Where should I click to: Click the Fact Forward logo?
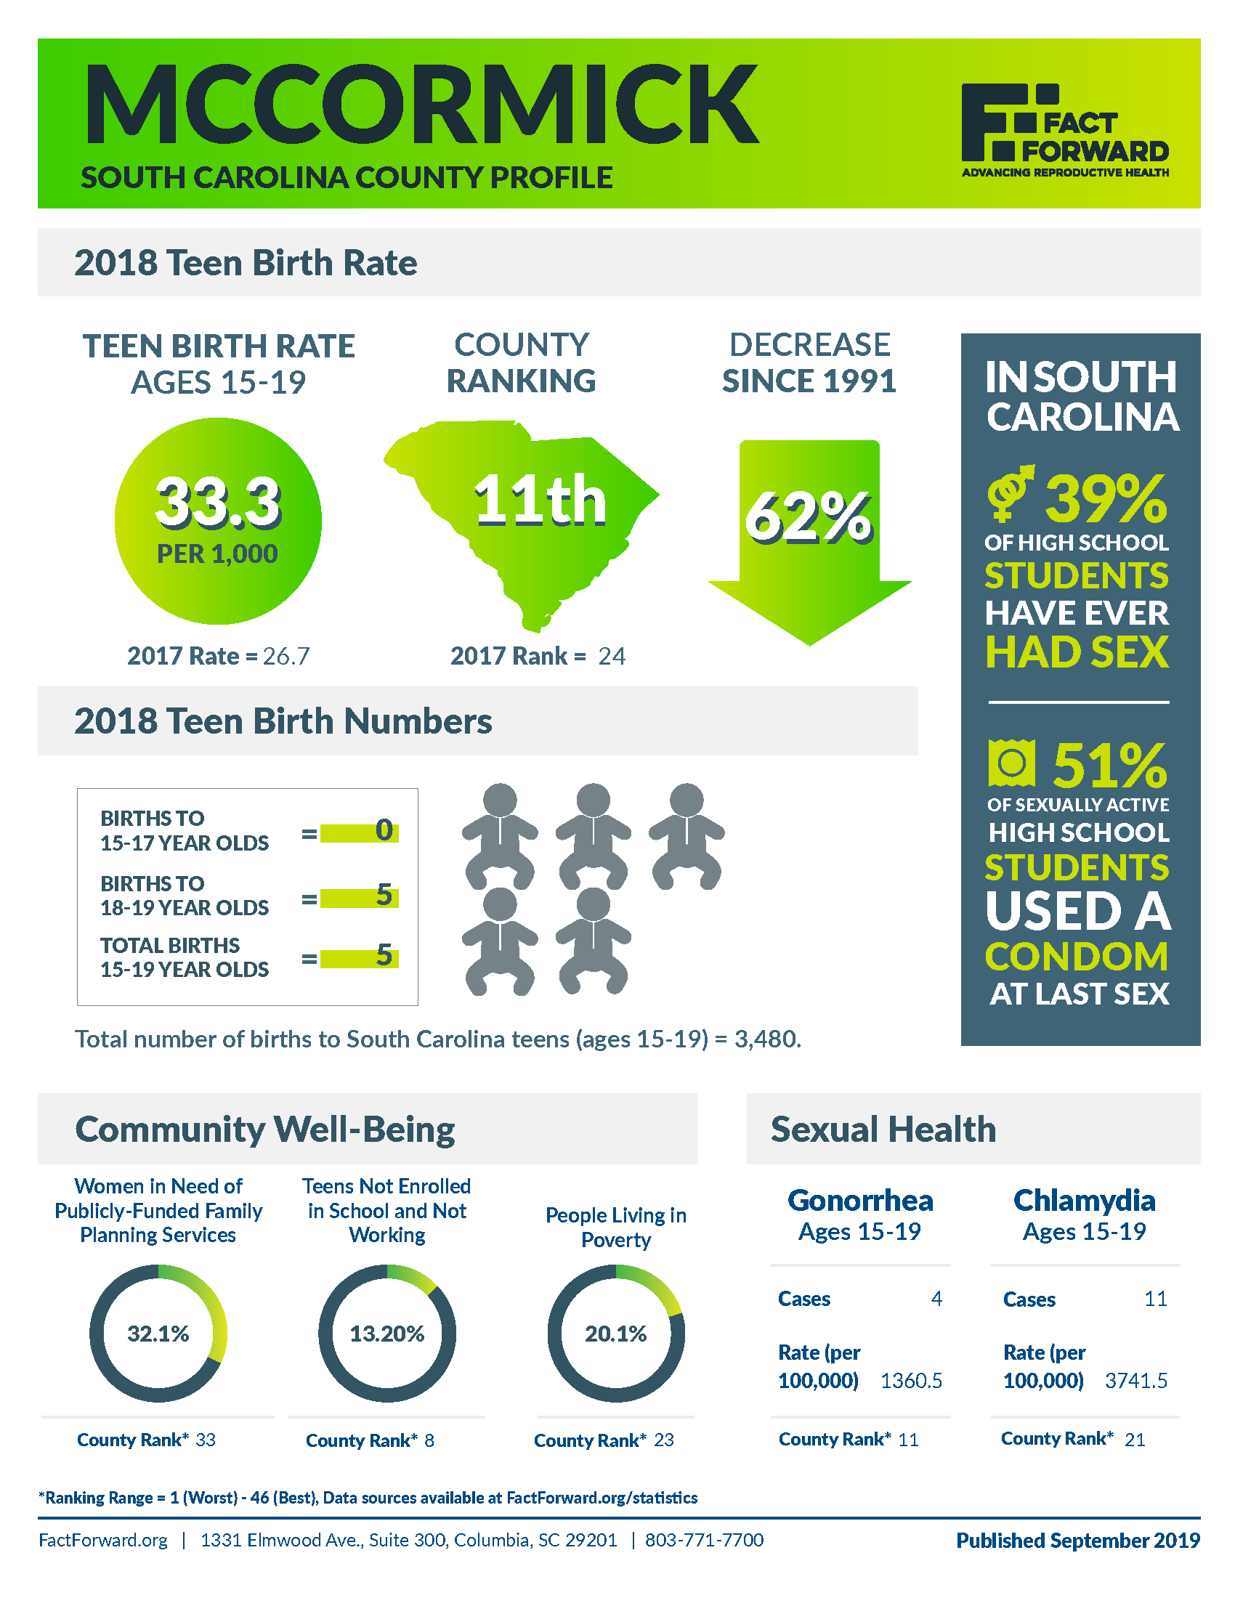point(1064,129)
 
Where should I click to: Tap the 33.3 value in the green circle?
point(217,502)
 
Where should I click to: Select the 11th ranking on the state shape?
point(540,500)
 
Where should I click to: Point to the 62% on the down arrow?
point(809,517)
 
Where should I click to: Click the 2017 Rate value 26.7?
point(286,657)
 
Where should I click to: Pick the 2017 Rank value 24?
point(612,657)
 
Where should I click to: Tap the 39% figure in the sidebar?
point(1106,499)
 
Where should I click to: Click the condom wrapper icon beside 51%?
point(1011,763)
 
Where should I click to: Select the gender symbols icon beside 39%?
point(1010,493)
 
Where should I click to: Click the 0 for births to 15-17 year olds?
point(384,830)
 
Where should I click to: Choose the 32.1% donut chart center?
point(158,1334)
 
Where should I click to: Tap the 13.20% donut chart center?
point(387,1334)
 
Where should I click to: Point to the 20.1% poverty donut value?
point(616,1334)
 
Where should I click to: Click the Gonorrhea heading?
point(860,1201)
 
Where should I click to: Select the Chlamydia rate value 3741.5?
point(1135,1381)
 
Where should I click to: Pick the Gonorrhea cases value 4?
point(936,1299)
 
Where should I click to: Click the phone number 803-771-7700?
point(704,1540)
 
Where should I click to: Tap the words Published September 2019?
point(1077,1540)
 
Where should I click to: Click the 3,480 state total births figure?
point(766,1039)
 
